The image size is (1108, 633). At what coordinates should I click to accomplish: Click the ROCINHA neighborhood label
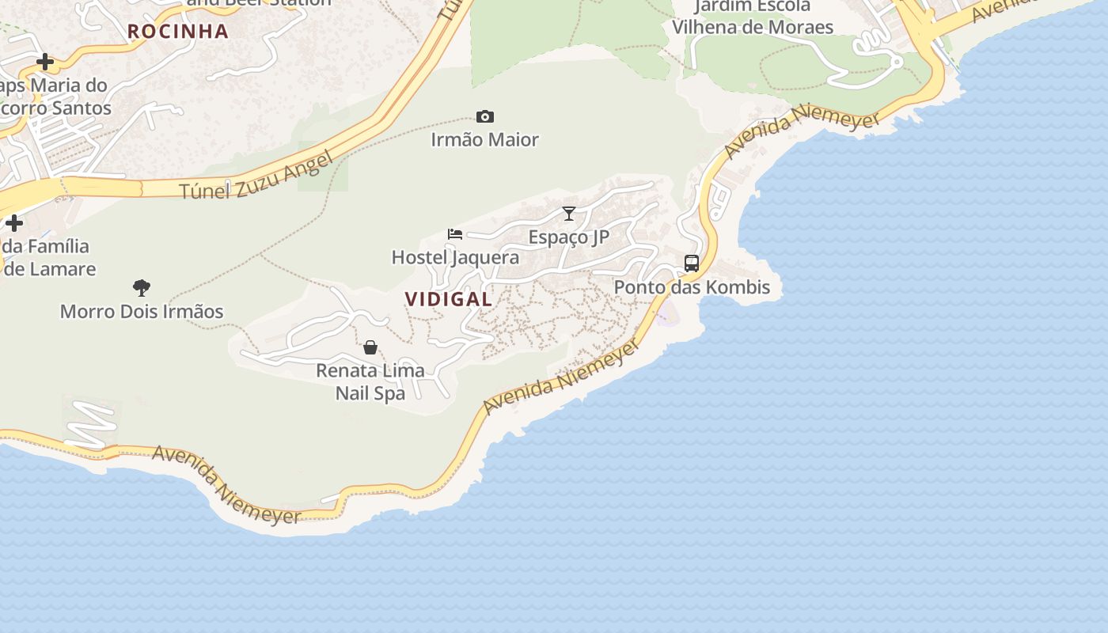[178, 32]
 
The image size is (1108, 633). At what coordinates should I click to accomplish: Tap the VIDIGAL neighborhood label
[449, 299]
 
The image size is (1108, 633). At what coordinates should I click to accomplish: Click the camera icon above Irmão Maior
[485, 117]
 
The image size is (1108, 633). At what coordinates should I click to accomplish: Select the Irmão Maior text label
[485, 140]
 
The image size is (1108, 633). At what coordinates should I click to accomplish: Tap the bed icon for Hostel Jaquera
[455, 234]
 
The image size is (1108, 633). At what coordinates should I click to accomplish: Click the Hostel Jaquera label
[456, 257]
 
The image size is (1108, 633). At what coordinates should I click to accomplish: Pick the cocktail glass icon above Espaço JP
[569, 214]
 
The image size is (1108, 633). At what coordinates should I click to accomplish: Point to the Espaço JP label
[569, 237]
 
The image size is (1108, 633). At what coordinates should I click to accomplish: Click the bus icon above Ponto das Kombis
[692, 263]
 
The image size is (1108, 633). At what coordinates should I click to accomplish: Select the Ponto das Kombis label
[692, 287]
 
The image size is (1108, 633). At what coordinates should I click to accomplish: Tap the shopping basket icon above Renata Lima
[370, 347]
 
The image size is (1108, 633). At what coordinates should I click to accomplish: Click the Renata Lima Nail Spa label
[370, 381]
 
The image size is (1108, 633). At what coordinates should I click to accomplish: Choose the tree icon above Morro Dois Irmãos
[142, 288]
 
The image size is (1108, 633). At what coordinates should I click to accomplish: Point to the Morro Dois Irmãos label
[142, 312]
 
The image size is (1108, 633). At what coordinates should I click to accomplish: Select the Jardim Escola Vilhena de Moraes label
[752, 17]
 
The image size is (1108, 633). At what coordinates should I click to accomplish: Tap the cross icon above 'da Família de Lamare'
[14, 223]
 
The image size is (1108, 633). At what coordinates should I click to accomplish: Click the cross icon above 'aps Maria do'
[45, 62]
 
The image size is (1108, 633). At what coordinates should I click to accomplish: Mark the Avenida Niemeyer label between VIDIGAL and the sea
[561, 377]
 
